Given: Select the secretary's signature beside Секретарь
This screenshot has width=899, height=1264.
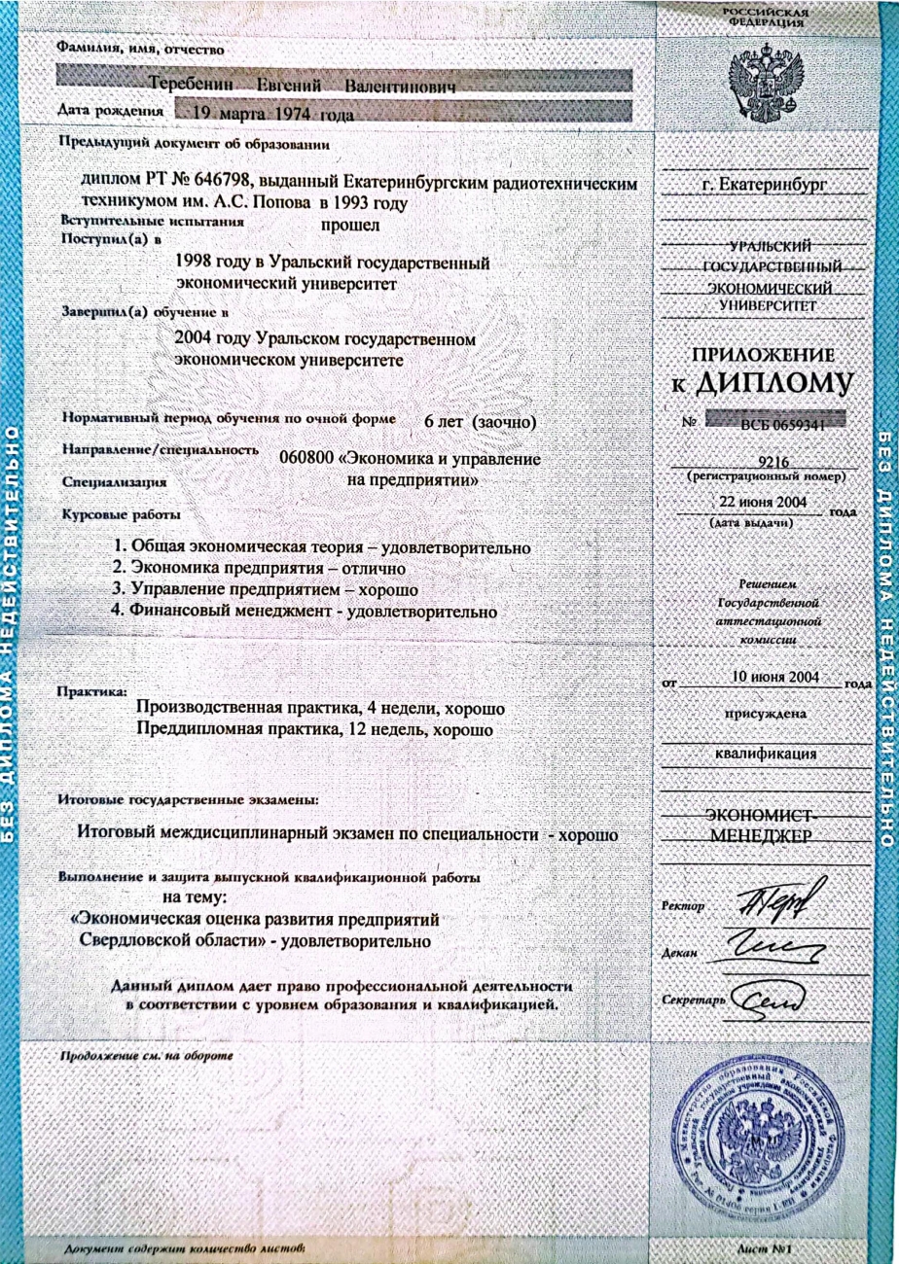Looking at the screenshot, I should pos(768,999).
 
